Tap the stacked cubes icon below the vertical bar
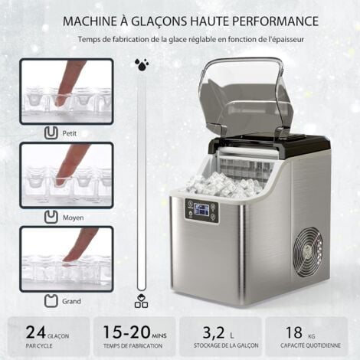[x=140, y=302]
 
